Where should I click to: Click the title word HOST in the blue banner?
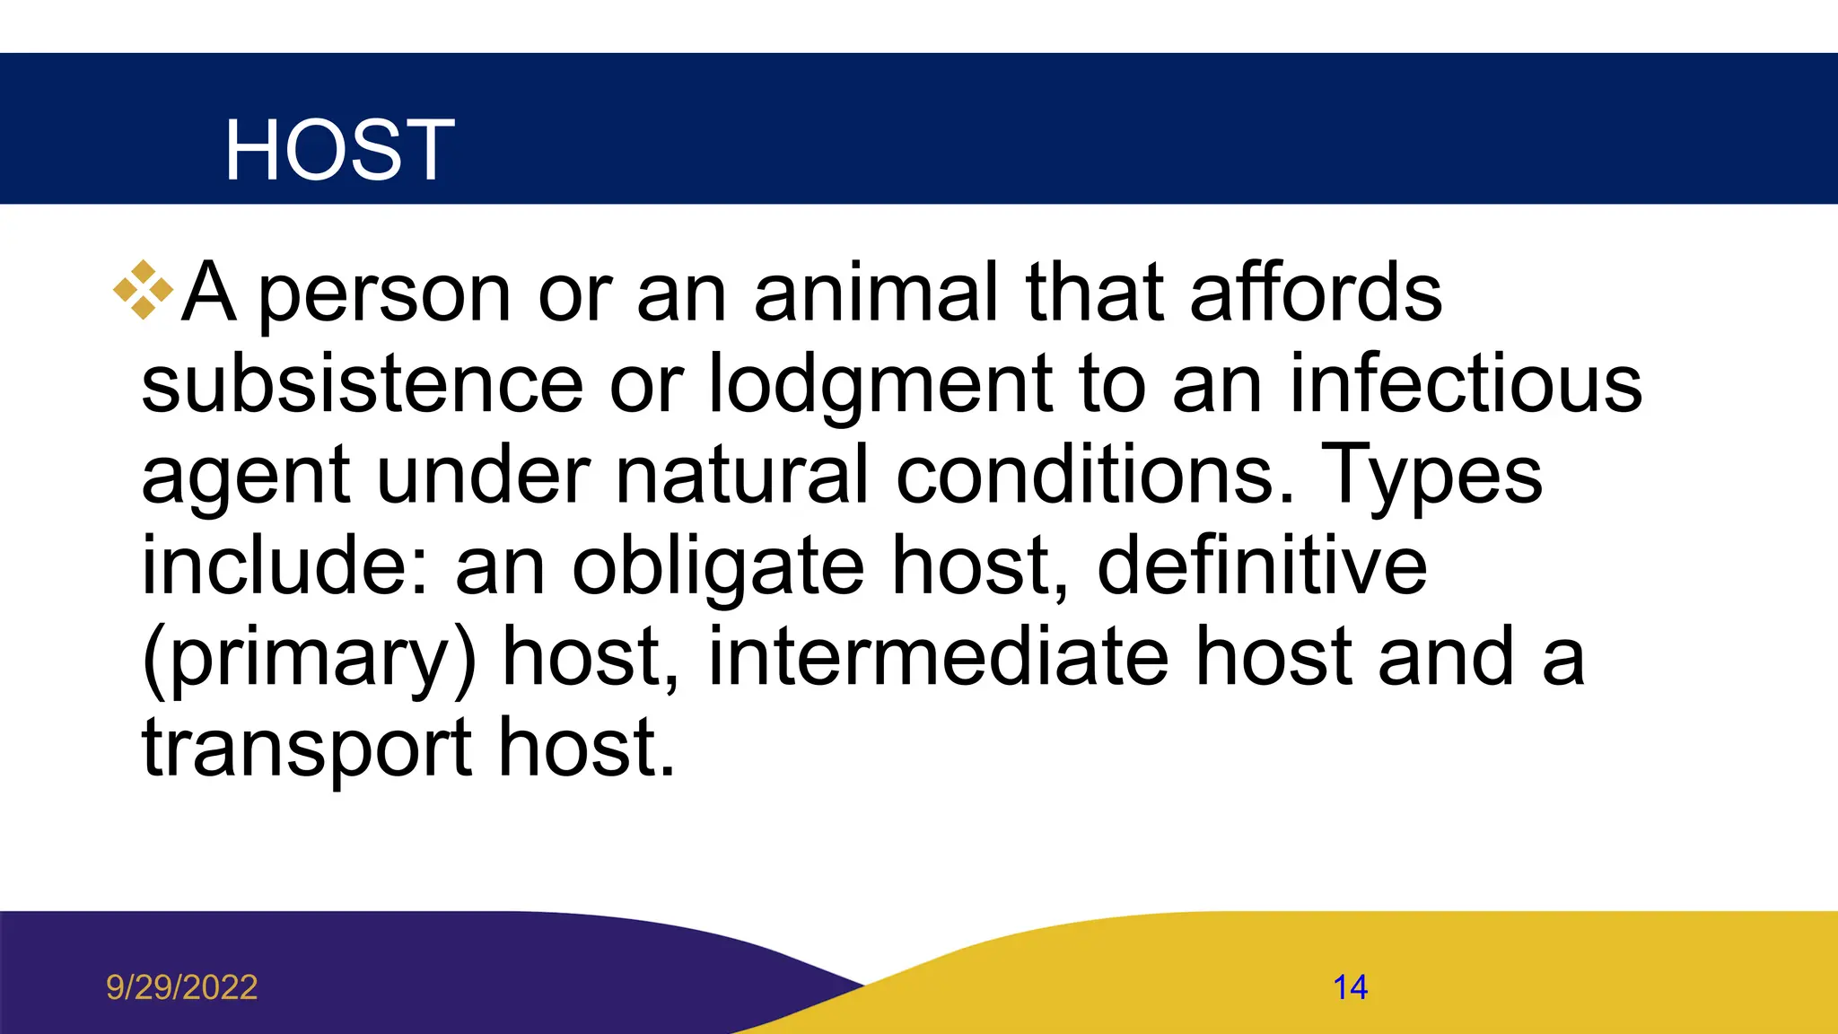tap(339, 150)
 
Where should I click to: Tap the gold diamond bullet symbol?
tap(143, 290)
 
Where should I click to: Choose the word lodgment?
tap(880, 386)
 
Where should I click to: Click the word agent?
tap(245, 478)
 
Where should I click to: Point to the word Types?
tap(1432, 478)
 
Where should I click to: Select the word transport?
tap(307, 749)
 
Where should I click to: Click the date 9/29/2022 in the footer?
tap(182, 987)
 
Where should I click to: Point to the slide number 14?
tap(1350, 987)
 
